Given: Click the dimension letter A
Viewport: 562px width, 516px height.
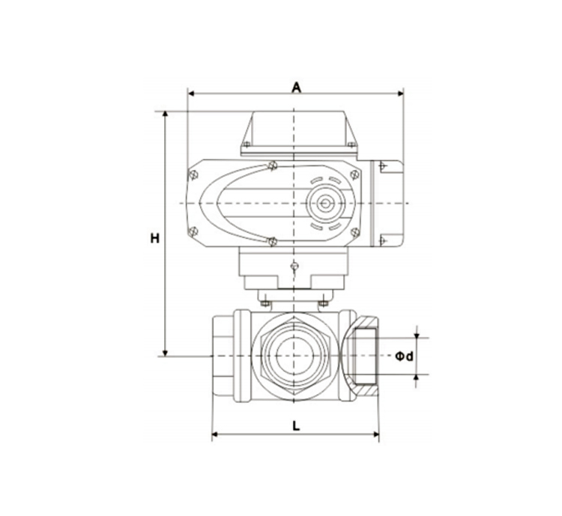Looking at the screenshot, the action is pyautogui.click(x=296, y=87).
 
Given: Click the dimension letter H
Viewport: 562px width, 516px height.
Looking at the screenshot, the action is pyautogui.click(x=155, y=238).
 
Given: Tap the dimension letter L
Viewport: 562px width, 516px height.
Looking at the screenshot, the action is pyautogui.click(x=296, y=426).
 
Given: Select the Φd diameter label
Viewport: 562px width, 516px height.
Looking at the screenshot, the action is pyautogui.click(x=405, y=356).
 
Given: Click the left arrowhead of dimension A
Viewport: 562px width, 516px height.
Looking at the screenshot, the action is pyautogui.click(x=191, y=94).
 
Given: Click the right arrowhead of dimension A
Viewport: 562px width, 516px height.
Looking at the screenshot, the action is pyautogui.click(x=400, y=94).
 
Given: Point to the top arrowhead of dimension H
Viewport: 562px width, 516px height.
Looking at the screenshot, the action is pyautogui.click(x=166, y=115).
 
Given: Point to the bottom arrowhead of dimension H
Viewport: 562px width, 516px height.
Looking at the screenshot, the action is pyautogui.click(x=166, y=353).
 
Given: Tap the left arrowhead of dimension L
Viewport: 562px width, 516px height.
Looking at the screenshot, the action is pyautogui.click(x=215, y=434).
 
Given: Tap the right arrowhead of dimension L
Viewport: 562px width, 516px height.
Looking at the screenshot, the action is pyautogui.click(x=376, y=434).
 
